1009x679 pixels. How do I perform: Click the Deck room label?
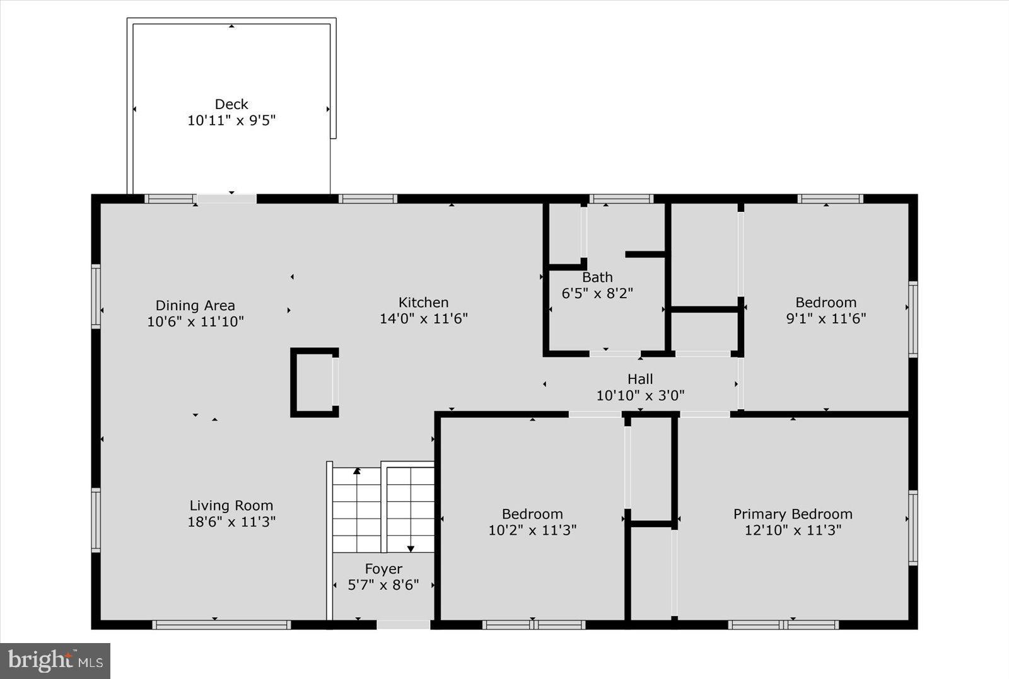[231, 104]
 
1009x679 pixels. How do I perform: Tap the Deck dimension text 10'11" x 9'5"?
[231, 120]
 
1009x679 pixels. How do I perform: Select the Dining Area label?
[195, 306]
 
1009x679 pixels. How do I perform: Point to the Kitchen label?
[423, 303]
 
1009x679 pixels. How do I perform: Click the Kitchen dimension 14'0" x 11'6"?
[423, 318]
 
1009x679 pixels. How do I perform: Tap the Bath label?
[597, 277]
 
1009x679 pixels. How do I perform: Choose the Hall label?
[640, 379]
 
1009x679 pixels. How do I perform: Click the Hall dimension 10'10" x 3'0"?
[640, 395]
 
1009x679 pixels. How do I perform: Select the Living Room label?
[231, 506]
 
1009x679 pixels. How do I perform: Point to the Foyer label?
[383, 569]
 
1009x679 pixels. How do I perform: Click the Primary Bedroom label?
[793, 514]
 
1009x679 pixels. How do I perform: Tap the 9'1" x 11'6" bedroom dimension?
[825, 318]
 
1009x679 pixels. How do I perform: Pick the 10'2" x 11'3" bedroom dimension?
[532, 530]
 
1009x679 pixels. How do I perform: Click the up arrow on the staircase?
[357, 470]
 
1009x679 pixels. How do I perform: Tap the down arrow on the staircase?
[411, 548]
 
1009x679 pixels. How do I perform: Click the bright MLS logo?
[55, 661]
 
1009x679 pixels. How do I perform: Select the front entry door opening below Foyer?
[404, 624]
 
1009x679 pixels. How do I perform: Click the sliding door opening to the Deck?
[226, 199]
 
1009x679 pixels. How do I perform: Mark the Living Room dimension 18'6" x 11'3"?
[231, 522]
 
